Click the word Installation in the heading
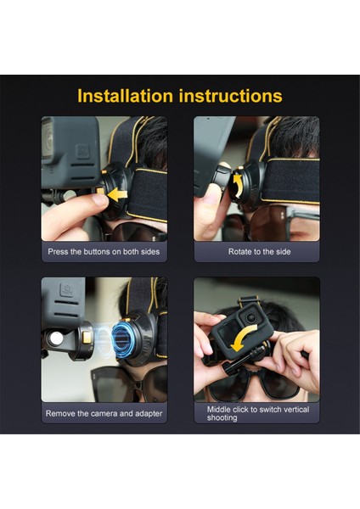click(x=125, y=96)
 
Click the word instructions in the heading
click(x=231, y=96)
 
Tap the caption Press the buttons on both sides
click(x=104, y=252)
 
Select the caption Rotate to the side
click(x=259, y=252)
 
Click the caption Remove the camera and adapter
click(x=104, y=414)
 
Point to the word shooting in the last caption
click(x=222, y=417)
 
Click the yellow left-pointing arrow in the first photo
click(x=117, y=195)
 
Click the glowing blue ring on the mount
click(x=120, y=338)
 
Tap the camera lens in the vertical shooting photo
click(x=250, y=317)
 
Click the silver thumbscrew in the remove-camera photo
click(x=56, y=338)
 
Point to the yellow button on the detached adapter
click(x=87, y=338)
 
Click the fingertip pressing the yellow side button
click(x=99, y=200)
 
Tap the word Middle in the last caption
click(x=219, y=410)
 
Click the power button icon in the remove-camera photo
click(x=67, y=290)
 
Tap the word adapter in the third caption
click(x=149, y=414)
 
